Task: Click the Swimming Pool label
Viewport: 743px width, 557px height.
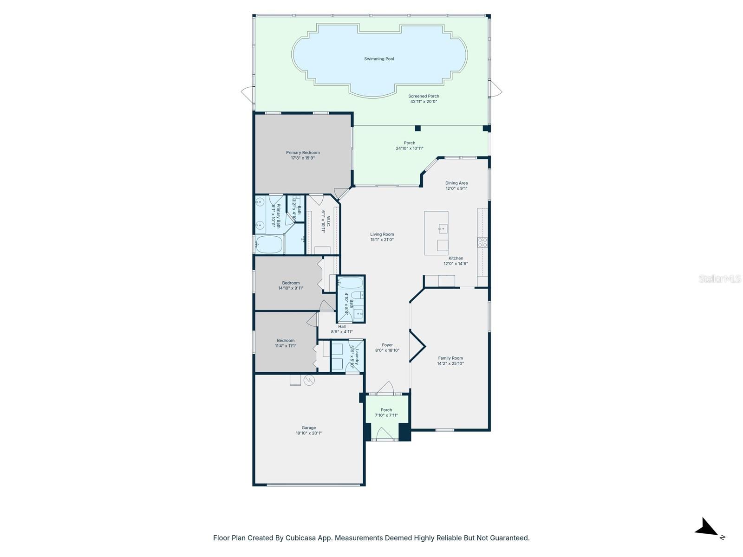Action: click(x=379, y=59)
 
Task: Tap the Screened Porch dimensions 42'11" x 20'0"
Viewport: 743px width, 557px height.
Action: click(x=424, y=102)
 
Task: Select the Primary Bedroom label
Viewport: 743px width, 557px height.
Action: click(x=303, y=153)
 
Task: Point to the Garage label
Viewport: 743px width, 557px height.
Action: click(x=309, y=428)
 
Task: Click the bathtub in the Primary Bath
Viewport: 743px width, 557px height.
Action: click(x=269, y=245)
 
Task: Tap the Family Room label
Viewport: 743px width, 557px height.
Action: click(x=450, y=358)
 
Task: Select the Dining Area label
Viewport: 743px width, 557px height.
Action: click(x=456, y=183)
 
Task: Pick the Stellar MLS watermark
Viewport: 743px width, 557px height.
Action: click(x=720, y=279)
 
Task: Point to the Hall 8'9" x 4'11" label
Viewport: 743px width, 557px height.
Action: click(x=342, y=329)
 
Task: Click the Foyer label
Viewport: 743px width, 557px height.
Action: click(x=387, y=345)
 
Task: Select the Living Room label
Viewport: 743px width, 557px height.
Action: click(x=382, y=234)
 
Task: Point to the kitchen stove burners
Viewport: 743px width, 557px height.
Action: click(x=482, y=242)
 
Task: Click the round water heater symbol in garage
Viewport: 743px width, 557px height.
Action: click(x=309, y=381)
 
